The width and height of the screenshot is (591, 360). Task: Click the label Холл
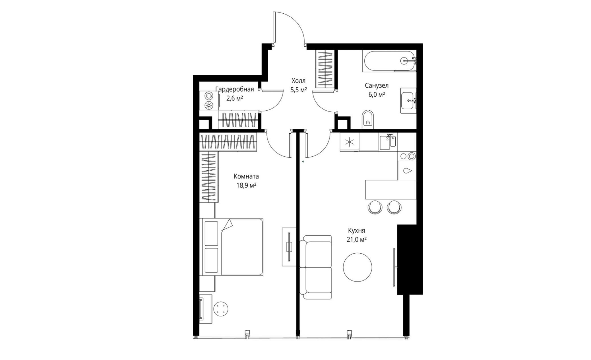(298, 81)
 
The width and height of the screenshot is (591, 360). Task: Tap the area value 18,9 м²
(246, 185)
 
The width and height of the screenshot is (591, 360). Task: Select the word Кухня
(356, 231)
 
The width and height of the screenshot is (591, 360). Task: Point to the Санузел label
(377, 85)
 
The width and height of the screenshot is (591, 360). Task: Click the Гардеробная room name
(235, 89)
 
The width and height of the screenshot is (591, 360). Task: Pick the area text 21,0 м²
(356, 240)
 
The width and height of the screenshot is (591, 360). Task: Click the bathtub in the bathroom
(389, 61)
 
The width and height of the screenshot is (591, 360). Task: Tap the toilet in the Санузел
(368, 120)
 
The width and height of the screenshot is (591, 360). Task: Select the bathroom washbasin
(408, 101)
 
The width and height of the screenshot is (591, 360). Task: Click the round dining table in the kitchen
(358, 268)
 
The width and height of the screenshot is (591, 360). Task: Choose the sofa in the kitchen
(315, 267)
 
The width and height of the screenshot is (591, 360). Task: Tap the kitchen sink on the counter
(388, 142)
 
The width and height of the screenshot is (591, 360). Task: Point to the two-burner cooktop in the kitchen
(407, 156)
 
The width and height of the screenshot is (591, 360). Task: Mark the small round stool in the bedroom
(221, 309)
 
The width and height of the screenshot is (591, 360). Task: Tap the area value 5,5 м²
(298, 90)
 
